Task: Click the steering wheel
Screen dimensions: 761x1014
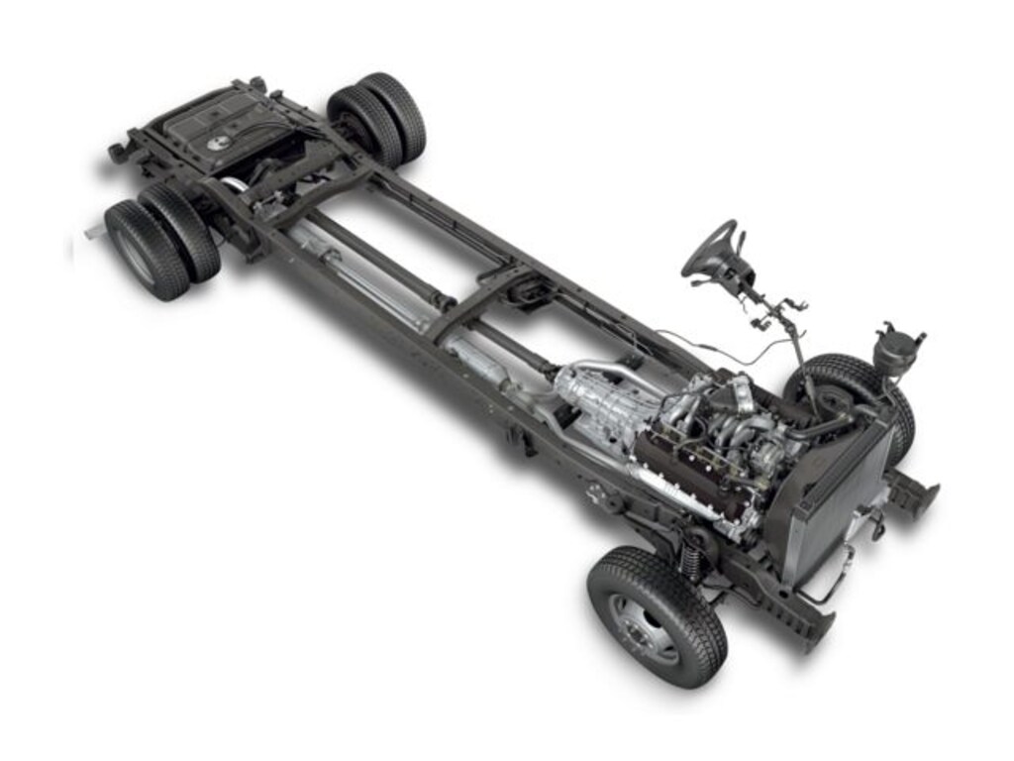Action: (x=710, y=247)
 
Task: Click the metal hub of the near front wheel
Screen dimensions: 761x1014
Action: (x=643, y=627)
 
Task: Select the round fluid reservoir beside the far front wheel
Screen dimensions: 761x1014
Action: (x=896, y=350)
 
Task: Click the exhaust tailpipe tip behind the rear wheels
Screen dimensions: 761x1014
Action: (x=95, y=232)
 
